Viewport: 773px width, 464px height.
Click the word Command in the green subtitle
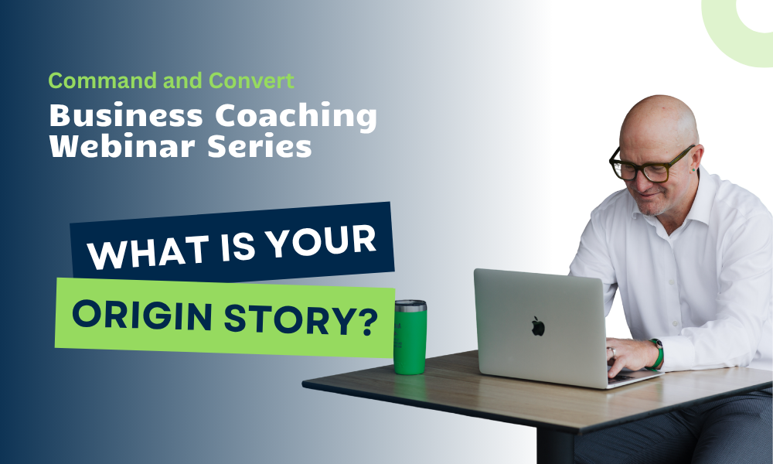pyautogui.click(x=104, y=80)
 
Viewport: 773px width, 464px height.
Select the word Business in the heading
pyautogui.click(x=126, y=116)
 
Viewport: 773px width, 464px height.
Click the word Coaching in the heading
pyautogui.click(x=296, y=117)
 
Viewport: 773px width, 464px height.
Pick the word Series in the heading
pyautogui.click(x=260, y=146)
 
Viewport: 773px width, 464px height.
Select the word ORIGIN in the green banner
pyautogui.click(x=142, y=315)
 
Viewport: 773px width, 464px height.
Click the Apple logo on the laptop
pyautogui.click(x=538, y=326)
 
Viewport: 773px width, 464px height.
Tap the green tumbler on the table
pyautogui.click(x=410, y=336)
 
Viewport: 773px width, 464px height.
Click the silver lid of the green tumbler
pyautogui.click(x=410, y=305)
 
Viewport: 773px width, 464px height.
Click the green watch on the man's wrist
pyautogui.click(x=657, y=354)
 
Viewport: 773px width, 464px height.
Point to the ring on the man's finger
pyautogui.click(x=613, y=352)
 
